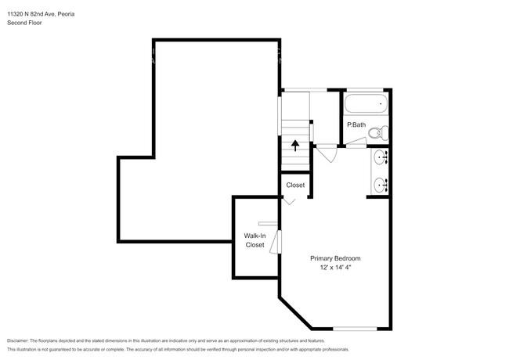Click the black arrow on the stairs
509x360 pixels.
pos(294,144)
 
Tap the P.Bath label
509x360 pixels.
pos(356,124)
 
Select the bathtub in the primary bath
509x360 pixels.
pos(366,103)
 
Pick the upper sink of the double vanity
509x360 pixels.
pos(381,159)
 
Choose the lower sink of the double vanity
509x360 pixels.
pos(381,185)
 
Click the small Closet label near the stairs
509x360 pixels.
pos(295,185)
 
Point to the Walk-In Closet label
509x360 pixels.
pos(255,240)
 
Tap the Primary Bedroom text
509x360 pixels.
pos(335,258)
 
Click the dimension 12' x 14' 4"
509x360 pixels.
pos(335,268)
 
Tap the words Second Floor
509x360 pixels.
pos(26,23)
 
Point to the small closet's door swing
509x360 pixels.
pos(290,200)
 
